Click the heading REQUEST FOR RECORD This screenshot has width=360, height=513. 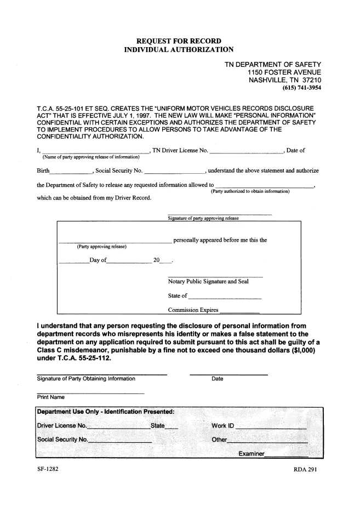coord(179,41)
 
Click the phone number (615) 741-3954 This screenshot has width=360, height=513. coord(301,87)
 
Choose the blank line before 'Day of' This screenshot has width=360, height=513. coord(73,262)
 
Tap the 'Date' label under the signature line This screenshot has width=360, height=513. coord(216,379)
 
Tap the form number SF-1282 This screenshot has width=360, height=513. coord(47,470)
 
